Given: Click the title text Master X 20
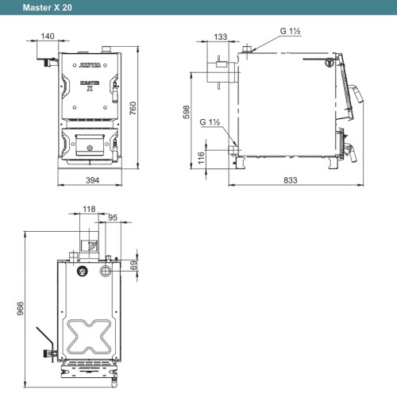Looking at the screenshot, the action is (x=48, y=7).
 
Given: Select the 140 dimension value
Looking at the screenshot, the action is (x=48, y=36).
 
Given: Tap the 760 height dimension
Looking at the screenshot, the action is (x=133, y=108).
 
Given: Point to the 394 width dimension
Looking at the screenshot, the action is (x=92, y=180).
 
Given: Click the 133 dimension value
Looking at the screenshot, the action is (x=221, y=37).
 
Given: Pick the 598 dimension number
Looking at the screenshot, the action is (x=187, y=112).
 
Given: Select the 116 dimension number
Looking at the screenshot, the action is (x=201, y=158).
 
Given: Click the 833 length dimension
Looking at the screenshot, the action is (x=291, y=180).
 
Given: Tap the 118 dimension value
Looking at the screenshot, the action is (x=89, y=209).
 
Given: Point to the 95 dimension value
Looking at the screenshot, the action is (x=113, y=218).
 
